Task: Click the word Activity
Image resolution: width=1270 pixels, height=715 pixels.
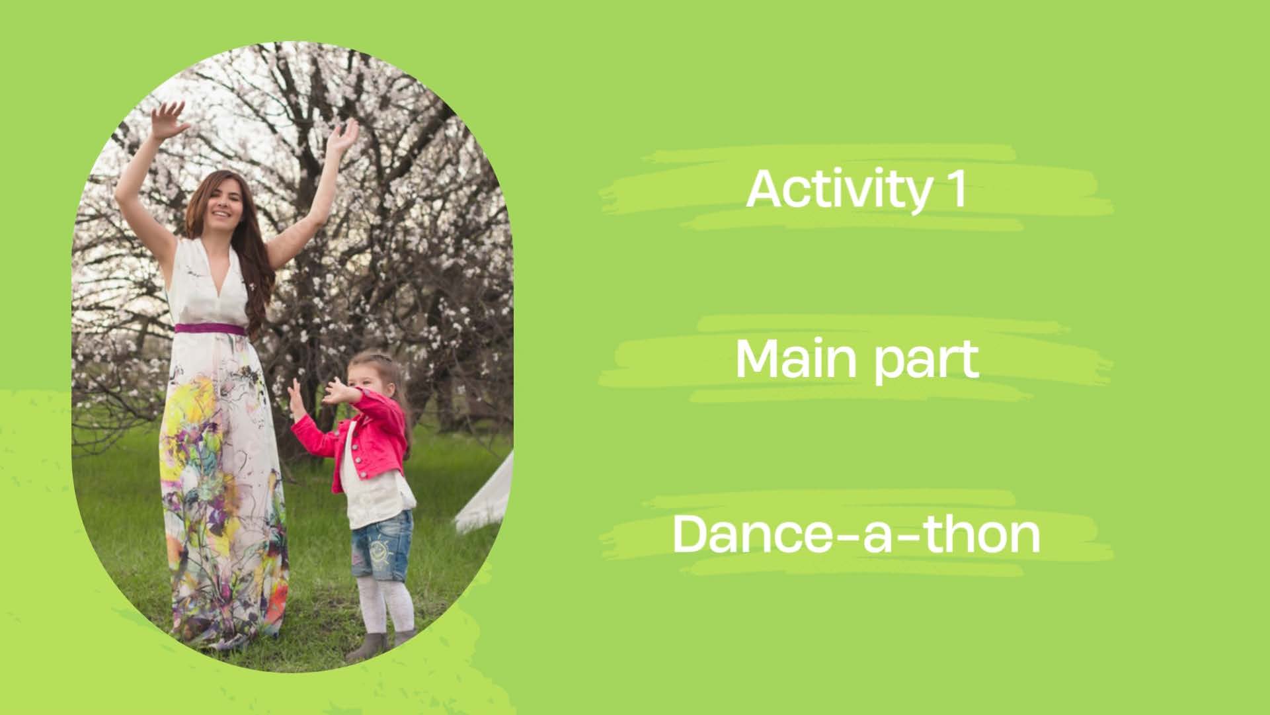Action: click(836, 190)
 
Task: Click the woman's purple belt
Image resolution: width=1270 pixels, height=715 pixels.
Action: click(209, 329)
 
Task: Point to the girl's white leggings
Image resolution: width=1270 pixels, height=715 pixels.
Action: click(387, 604)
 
